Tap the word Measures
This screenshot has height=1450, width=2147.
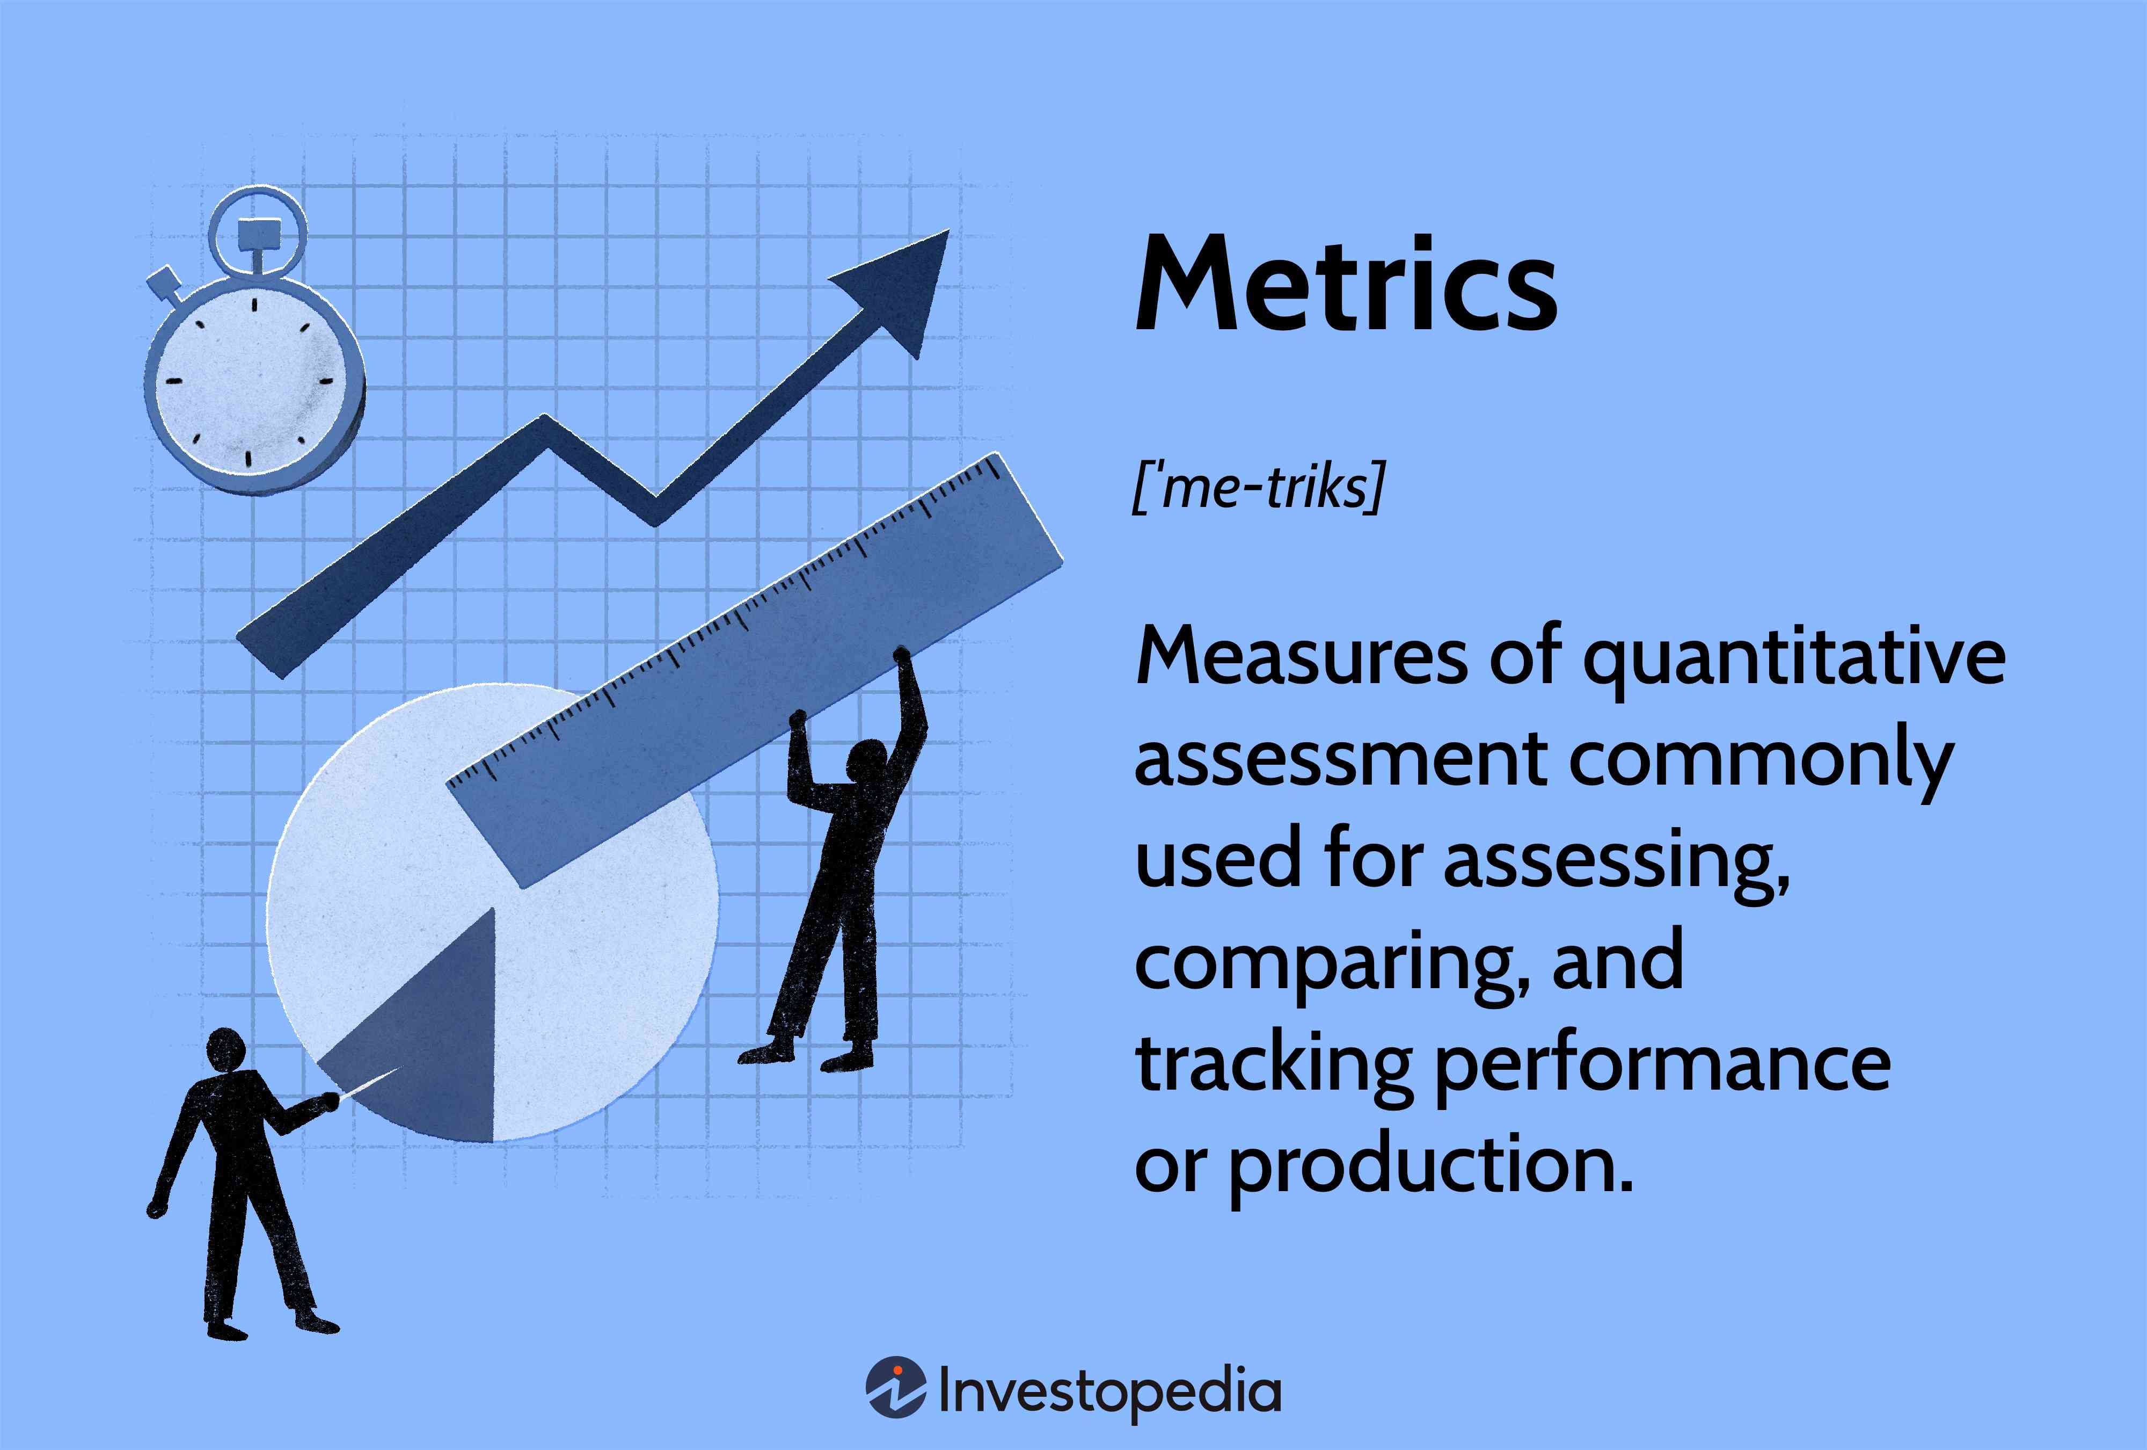1301,658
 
